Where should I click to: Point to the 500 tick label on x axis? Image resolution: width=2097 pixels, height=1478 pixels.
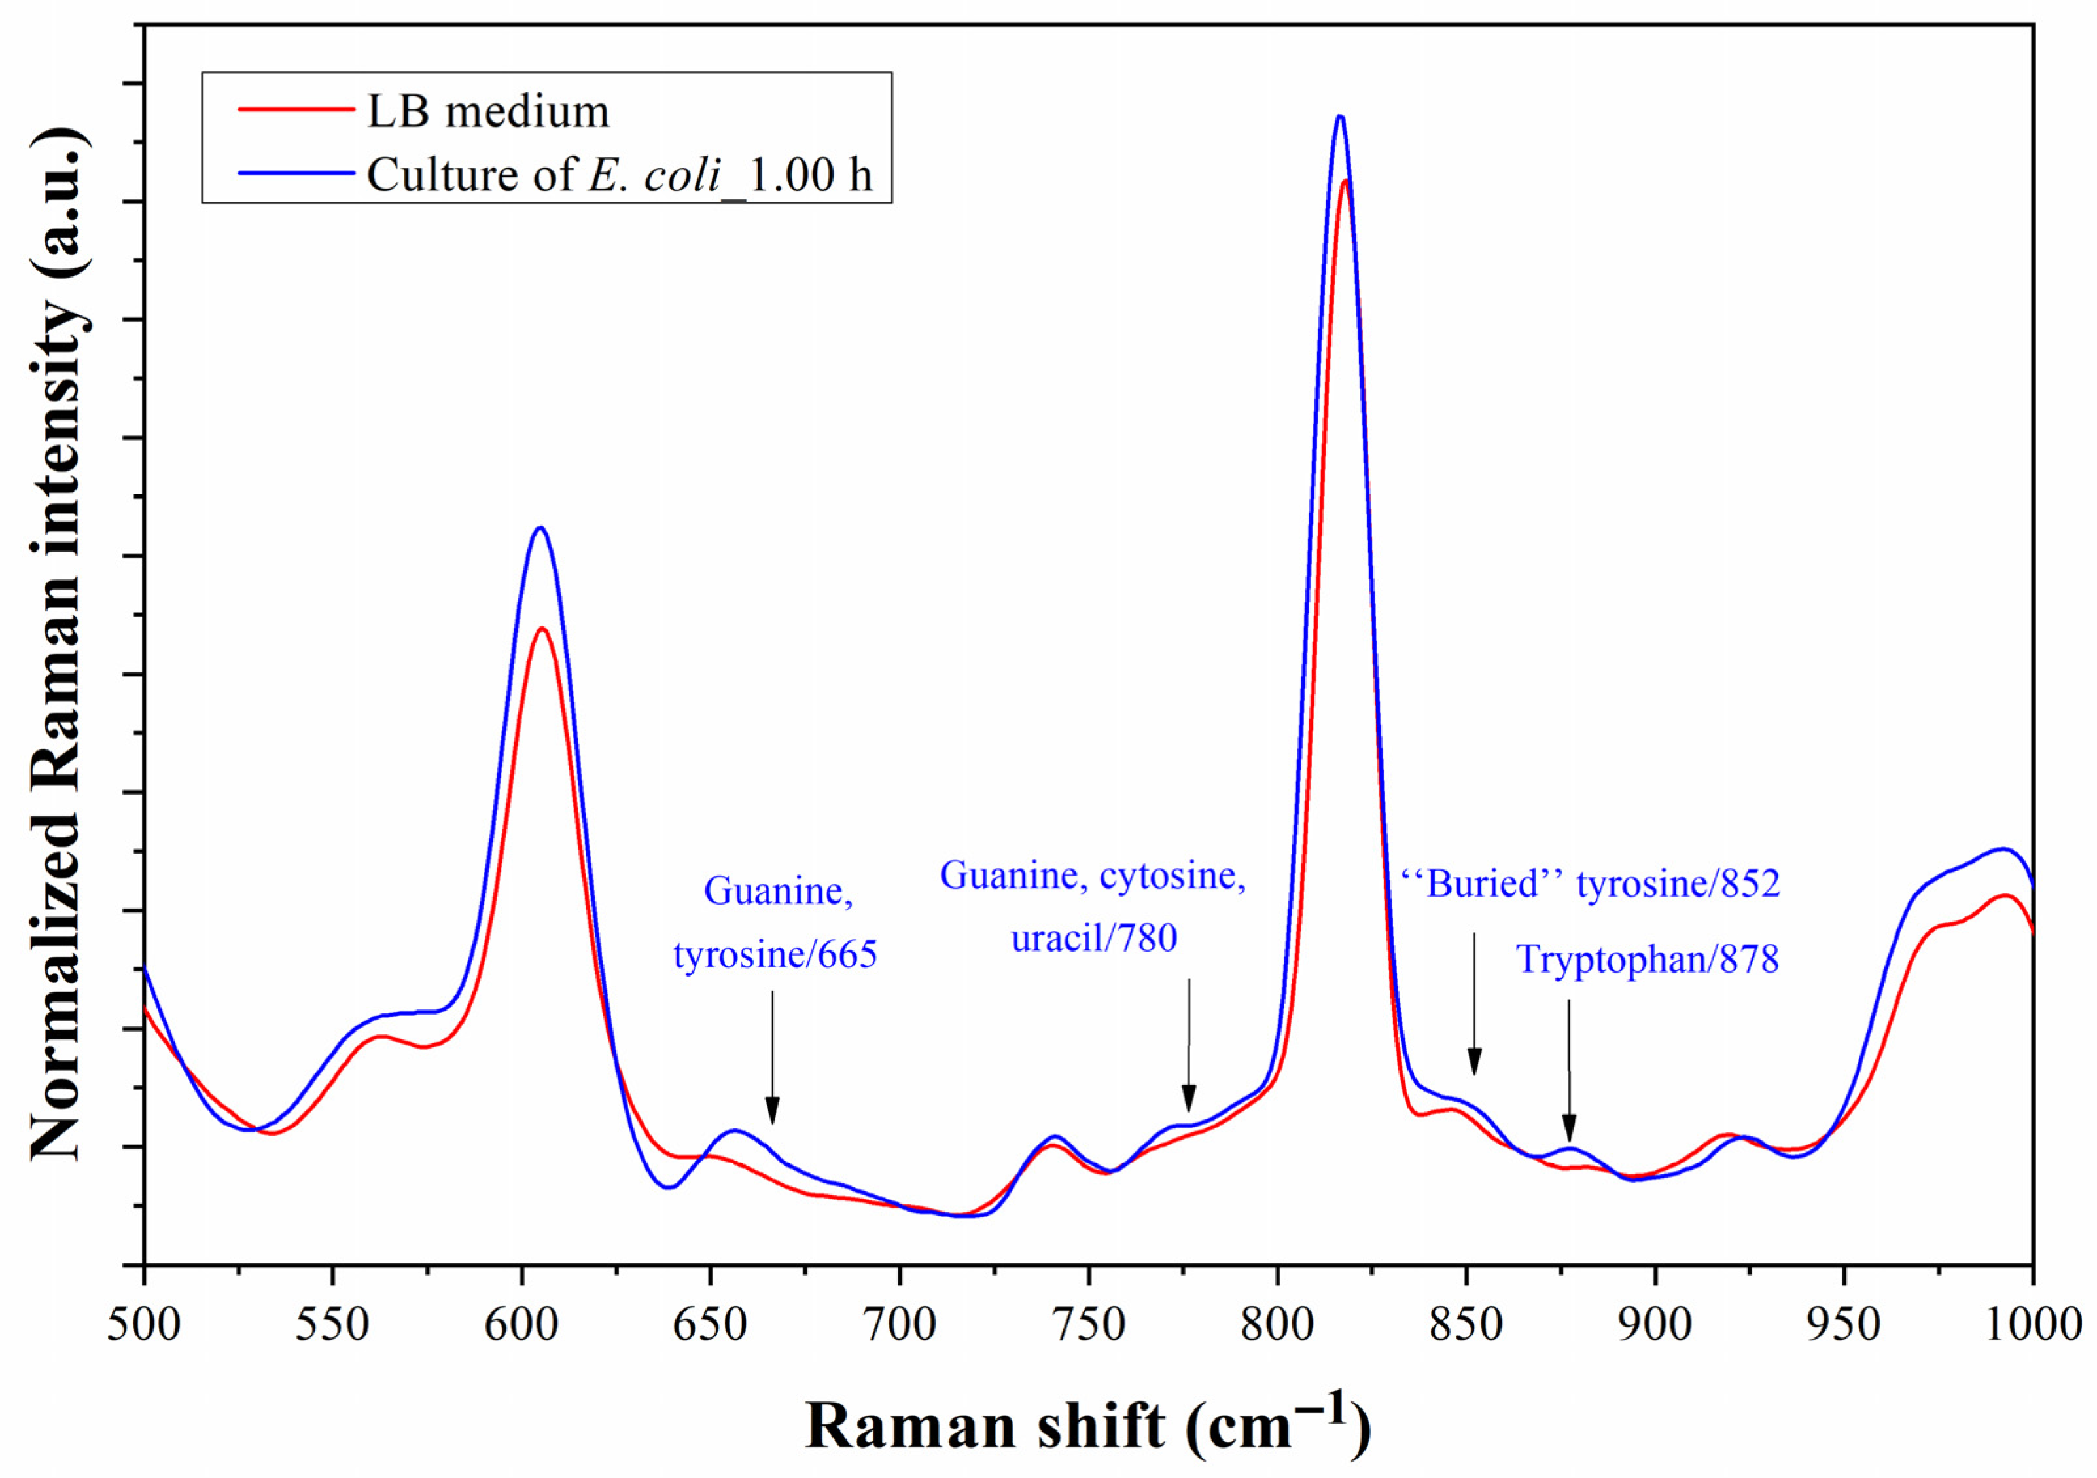(x=145, y=1325)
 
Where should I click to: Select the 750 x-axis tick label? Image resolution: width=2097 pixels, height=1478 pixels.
(x=1088, y=1325)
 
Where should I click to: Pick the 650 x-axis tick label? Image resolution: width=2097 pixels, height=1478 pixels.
(x=710, y=1325)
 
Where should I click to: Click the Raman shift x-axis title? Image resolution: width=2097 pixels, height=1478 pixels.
(x=1087, y=1426)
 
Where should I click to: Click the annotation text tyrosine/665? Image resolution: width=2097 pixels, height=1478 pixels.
(x=775, y=954)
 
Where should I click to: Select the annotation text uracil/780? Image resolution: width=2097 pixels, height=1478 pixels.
(x=1094, y=938)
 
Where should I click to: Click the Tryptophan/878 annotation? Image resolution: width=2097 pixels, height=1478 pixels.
(x=1648, y=959)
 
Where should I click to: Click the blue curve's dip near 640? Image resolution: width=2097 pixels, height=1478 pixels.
(x=669, y=1187)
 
